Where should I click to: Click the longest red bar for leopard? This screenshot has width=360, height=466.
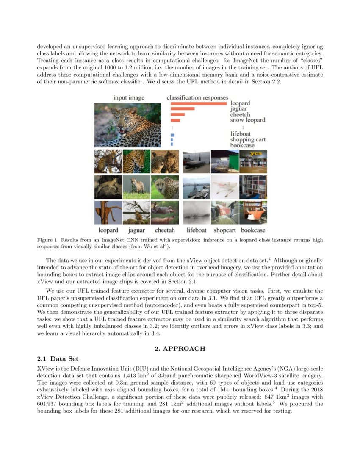pyautogui.click(x=199, y=103)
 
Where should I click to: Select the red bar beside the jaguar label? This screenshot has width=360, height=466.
pyautogui.click(x=182, y=109)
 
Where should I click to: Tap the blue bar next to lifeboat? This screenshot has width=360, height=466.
pyautogui.click(x=172, y=135)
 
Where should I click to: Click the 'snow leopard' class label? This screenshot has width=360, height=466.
pyautogui.click(x=248, y=120)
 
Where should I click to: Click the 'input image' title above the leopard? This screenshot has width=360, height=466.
pyautogui.click(x=129, y=98)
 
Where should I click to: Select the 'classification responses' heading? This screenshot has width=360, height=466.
pyautogui.click(x=197, y=98)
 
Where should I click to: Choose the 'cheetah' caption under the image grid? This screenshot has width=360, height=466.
pyautogui.click(x=165, y=230)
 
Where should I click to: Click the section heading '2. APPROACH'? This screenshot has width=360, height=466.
pyautogui.click(x=180, y=349)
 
